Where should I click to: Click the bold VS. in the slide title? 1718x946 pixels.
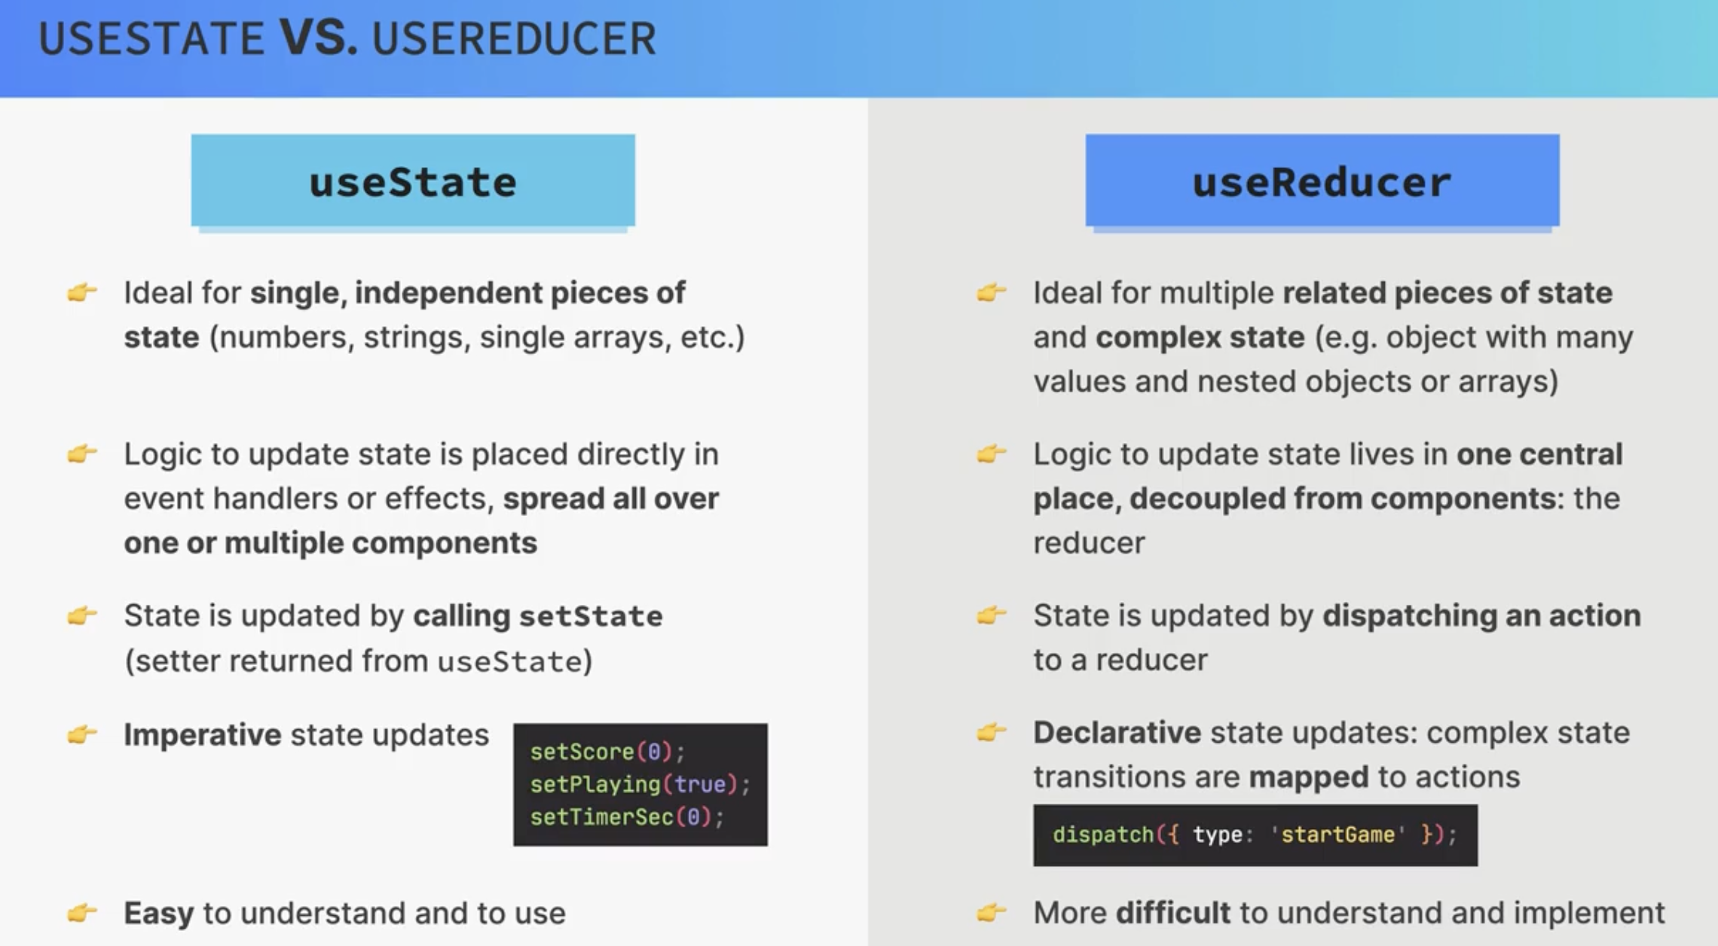(x=319, y=38)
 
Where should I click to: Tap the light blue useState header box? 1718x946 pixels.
(x=413, y=180)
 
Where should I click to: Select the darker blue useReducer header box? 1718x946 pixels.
(x=1322, y=180)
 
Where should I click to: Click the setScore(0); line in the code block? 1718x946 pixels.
(x=607, y=752)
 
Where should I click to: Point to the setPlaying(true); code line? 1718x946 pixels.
(x=640, y=784)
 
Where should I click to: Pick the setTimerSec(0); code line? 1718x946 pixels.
(x=627, y=817)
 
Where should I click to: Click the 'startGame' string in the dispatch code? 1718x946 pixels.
(x=1338, y=835)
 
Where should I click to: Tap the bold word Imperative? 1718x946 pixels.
(x=203, y=735)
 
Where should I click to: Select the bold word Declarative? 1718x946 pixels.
(x=1117, y=732)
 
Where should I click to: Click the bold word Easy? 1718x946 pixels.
(x=159, y=914)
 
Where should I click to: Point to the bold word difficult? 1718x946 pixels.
(x=1173, y=913)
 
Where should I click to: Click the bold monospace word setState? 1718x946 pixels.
(x=591, y=616)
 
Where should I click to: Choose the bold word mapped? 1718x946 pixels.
(x=1309, y=777)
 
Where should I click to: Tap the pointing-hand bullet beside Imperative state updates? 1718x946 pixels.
(x=82, y=734)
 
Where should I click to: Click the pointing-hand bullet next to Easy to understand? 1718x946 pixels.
(x=82, y=913)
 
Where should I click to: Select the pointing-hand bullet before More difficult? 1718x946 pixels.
(x=992, y=912)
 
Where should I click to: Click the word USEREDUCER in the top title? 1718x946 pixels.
(x=514, y=38)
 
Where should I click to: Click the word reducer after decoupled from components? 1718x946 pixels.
(x=1089, y=543)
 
